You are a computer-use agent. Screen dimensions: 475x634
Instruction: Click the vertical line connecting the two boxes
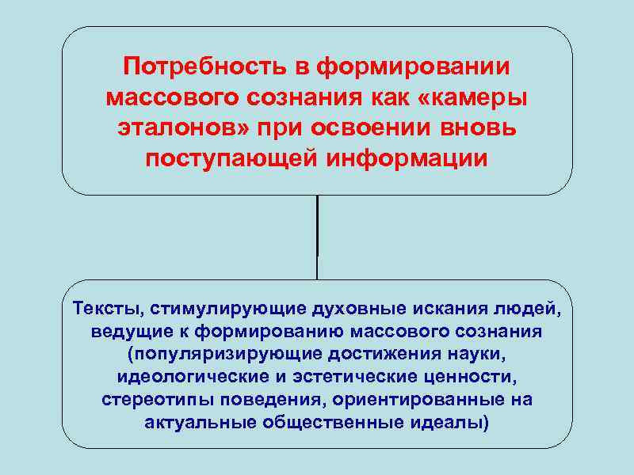(317, 237)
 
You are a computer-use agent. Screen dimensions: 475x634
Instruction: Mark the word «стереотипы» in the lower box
(145, 399)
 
